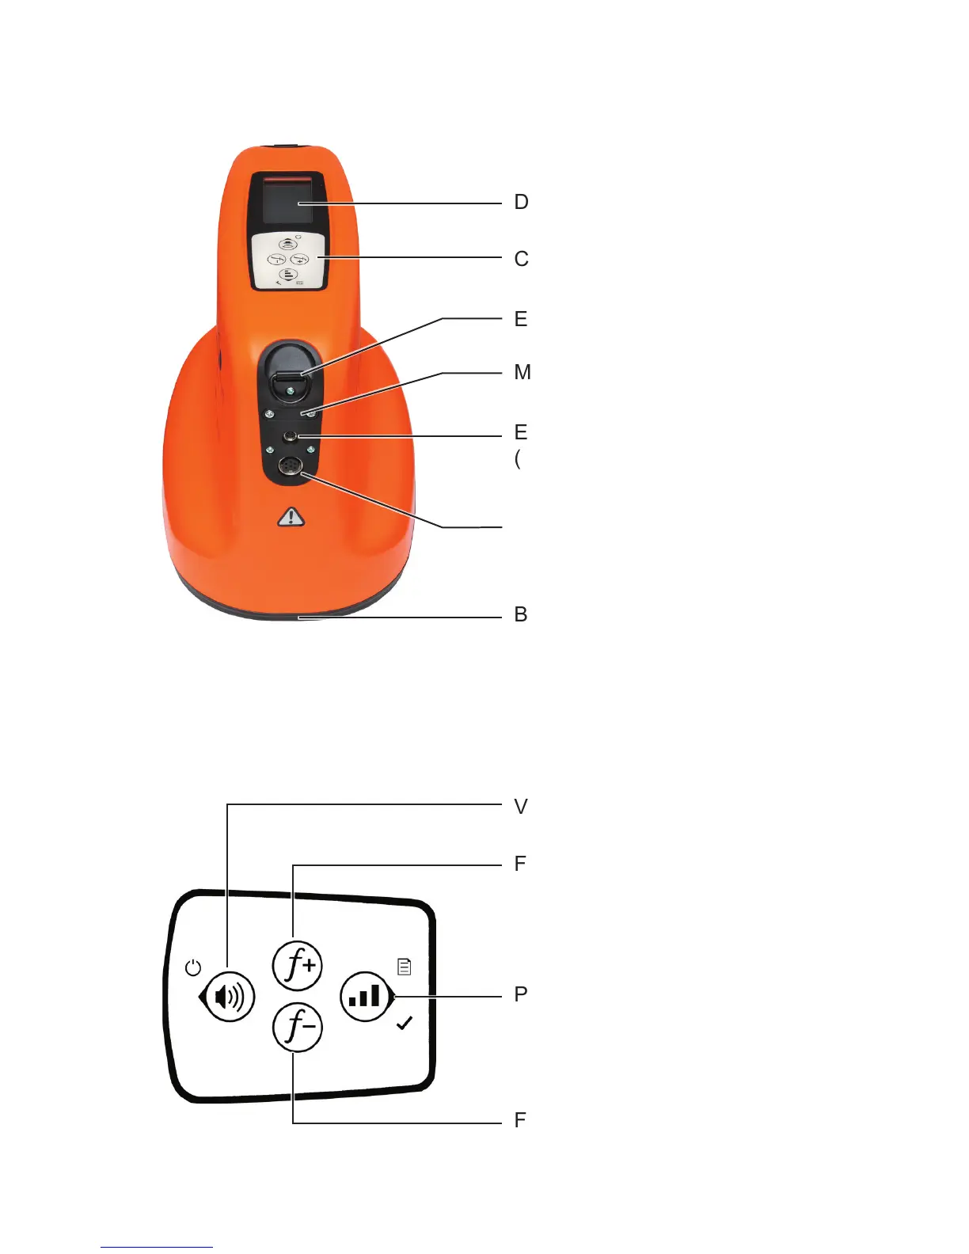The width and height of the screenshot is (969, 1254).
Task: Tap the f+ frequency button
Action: tap(298, 965)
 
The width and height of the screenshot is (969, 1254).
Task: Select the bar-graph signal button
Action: tap(365, 996)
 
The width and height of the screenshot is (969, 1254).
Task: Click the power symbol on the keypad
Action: tap(193, 967)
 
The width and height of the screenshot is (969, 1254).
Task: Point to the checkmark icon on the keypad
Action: tap(405, 1024)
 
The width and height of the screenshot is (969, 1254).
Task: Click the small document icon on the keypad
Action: tap(405, 967)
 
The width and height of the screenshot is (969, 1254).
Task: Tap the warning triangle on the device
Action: tap(291, 518)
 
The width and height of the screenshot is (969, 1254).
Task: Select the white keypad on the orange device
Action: tap(289, 260)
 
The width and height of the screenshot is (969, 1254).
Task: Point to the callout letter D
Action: tap(521, 203)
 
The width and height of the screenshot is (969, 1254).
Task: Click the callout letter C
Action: tap(521, 259)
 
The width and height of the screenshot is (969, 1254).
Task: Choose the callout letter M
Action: tap(522, 372)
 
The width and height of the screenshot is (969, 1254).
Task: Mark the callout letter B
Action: tap(521, 614)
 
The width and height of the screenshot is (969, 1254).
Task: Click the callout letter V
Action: tap(521, 807)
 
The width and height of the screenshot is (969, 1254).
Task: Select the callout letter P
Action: tap(521, 994)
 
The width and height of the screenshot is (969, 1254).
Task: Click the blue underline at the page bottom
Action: tap(157, 1247)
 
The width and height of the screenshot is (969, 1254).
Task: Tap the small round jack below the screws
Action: tap(291, 436)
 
